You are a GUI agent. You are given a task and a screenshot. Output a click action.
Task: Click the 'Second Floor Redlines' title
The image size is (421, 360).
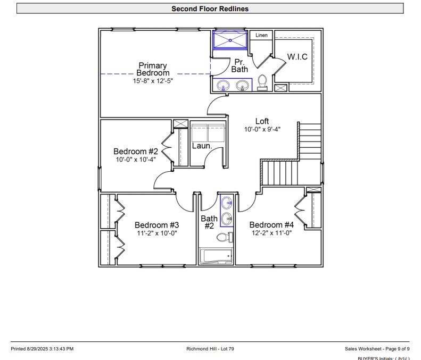point(210,9)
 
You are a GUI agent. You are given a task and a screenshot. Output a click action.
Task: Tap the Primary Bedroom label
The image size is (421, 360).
point(153,69)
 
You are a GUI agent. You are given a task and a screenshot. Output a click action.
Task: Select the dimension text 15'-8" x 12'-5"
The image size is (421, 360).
point(153,81)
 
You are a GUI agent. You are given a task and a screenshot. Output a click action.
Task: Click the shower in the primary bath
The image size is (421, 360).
point(230,40)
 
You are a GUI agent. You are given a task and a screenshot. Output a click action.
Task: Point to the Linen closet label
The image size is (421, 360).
point(261,36)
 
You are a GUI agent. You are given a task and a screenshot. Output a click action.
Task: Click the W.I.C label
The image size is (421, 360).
point(297,57)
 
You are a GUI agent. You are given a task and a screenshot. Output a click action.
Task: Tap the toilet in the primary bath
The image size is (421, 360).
point(262,82)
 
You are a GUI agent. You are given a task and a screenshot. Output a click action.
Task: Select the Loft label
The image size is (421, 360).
point(262,121)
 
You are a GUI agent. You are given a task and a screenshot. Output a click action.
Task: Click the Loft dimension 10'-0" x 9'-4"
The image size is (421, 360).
point(262,129)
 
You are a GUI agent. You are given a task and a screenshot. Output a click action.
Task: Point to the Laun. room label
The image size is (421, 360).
point(202,146)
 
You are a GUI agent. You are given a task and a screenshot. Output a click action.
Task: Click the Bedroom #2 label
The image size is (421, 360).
point(136,152)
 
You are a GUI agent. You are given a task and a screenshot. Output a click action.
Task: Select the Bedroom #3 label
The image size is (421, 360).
point(156,225)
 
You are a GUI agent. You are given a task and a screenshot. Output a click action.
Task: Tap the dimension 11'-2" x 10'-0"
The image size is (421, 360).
point(156,233)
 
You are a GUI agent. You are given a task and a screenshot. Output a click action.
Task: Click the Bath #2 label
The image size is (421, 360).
point(209,222)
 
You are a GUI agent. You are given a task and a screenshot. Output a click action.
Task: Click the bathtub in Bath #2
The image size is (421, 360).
point(216,256)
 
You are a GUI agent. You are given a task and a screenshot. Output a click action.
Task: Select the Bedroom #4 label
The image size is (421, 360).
point(271,225)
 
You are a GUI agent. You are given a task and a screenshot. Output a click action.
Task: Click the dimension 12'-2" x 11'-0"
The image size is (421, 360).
point(271,233)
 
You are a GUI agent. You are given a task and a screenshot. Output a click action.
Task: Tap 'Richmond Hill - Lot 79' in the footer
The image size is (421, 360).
point(210,349)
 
